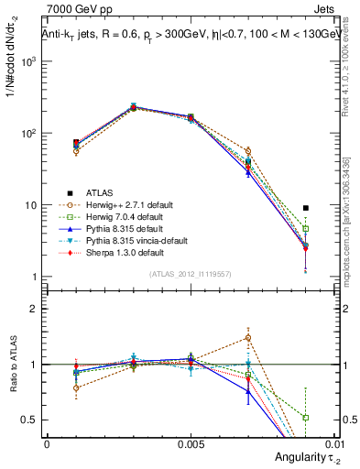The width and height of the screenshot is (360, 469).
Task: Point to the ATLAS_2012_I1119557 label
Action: [190, 273]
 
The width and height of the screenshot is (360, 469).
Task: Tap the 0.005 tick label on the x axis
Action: [191, 443]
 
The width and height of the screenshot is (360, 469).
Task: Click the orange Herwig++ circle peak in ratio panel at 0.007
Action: [248, 338]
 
